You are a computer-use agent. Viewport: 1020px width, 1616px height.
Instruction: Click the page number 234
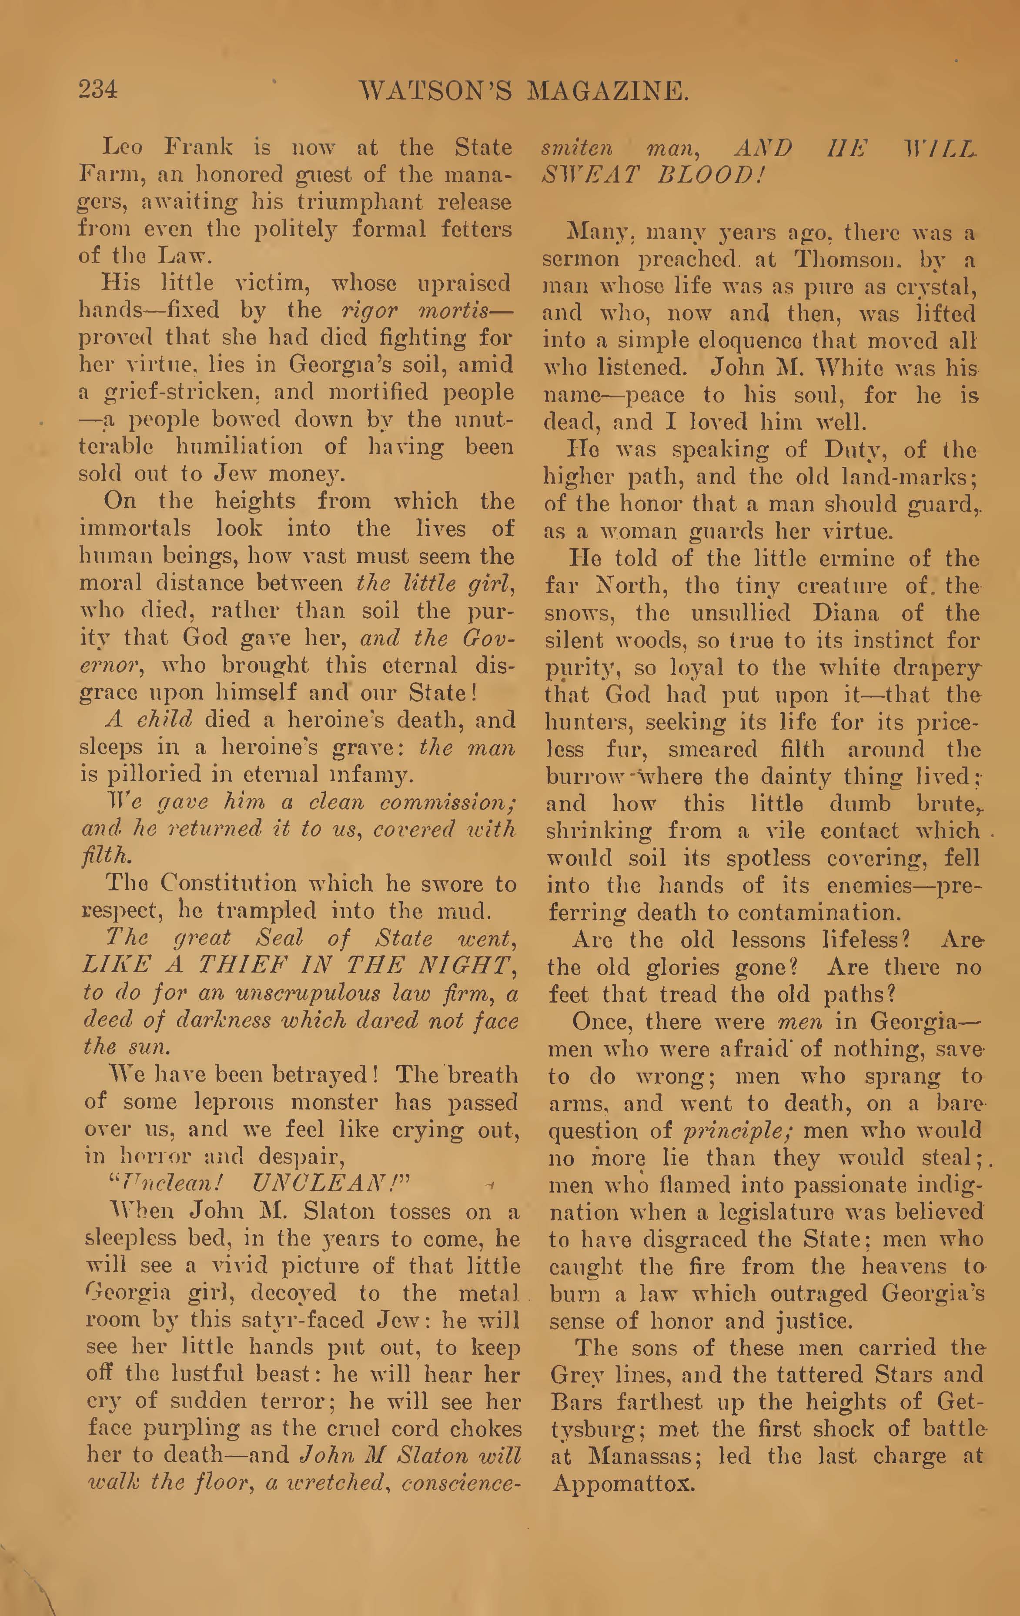coord(98,89)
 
